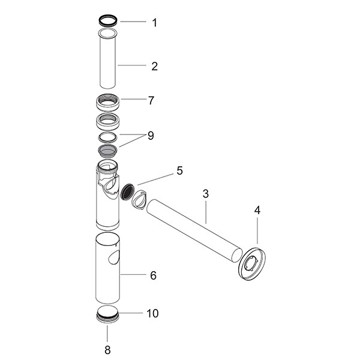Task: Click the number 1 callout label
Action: click(154, 23)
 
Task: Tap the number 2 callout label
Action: click(154, 66)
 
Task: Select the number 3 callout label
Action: click(205, 194)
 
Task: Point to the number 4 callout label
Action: click(257, 211)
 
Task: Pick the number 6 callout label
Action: click(153, 275)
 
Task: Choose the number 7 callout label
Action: click(151, 100)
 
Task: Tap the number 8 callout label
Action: click(107, 349)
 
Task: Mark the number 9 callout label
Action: click(150, 136)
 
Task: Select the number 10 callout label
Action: click(153, 313)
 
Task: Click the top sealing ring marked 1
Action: click(107, 20)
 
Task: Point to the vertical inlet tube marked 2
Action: click(107, 63)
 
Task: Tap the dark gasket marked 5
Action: click(127, 192)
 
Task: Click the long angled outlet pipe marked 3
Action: click(192, 229)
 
